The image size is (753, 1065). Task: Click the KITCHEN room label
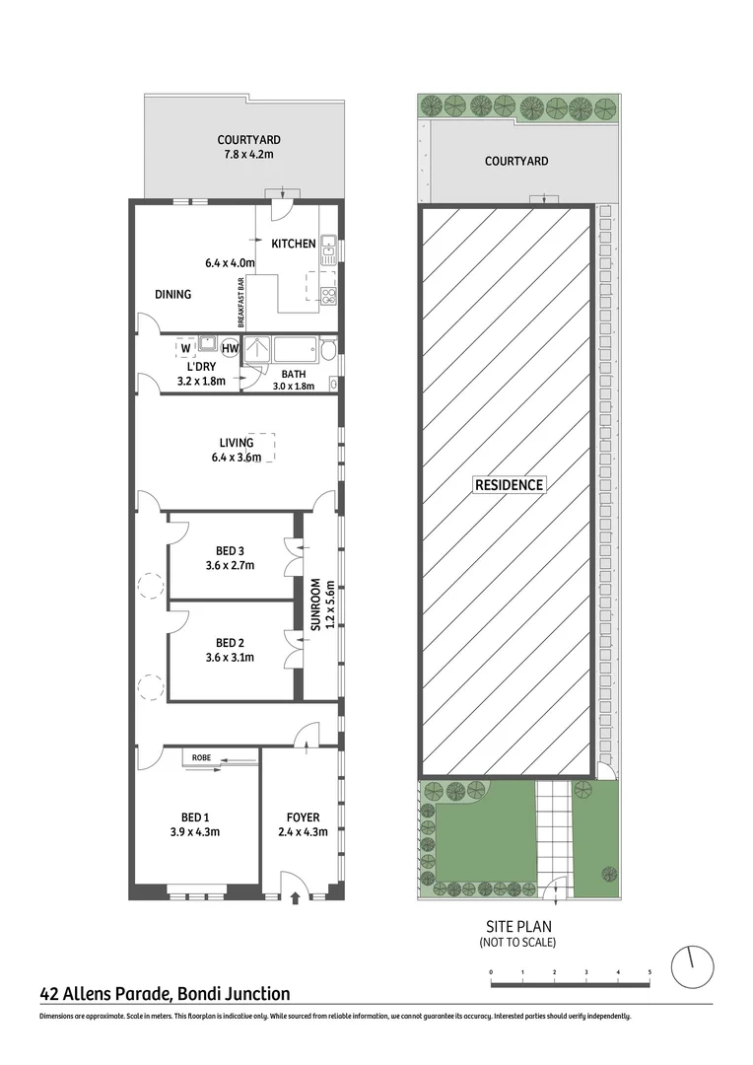point(295,244)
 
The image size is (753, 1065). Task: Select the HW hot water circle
point(230,348)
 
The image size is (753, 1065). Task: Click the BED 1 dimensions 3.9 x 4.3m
point(194,831)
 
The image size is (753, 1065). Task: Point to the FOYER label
point(303,816)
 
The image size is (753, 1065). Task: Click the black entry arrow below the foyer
point(298,897)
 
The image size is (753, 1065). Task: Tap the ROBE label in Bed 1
point(201,757)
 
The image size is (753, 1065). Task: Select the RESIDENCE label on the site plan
point(508,484)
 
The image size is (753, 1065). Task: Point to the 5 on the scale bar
point(650,972)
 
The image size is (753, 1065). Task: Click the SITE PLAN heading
point(517,926)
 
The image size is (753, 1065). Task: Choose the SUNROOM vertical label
point(316,604)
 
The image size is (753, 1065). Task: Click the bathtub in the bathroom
point(295,349)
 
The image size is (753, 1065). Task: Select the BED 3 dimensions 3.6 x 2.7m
point(230,566)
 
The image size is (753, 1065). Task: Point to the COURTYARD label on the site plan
point(516,161)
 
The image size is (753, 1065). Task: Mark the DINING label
point(172,294)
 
